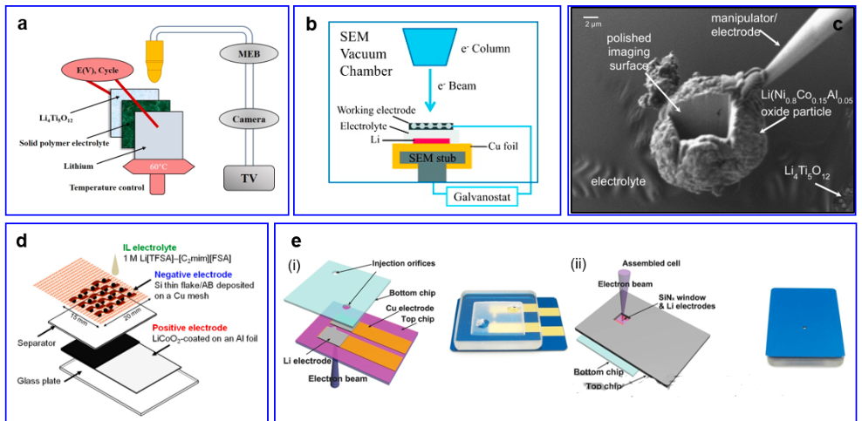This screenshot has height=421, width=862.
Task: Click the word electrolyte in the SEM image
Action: point(618,182)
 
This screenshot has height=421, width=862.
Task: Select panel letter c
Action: point(837,24)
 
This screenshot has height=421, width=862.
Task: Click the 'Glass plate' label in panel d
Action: point(37,380)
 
